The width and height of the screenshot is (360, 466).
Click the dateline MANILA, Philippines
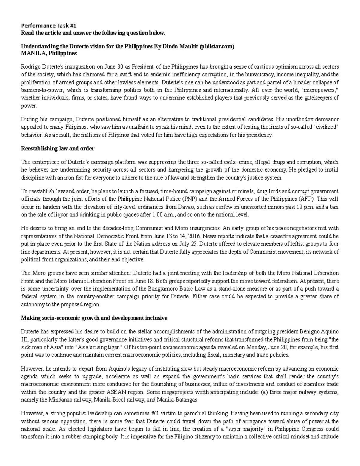(49, 53)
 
